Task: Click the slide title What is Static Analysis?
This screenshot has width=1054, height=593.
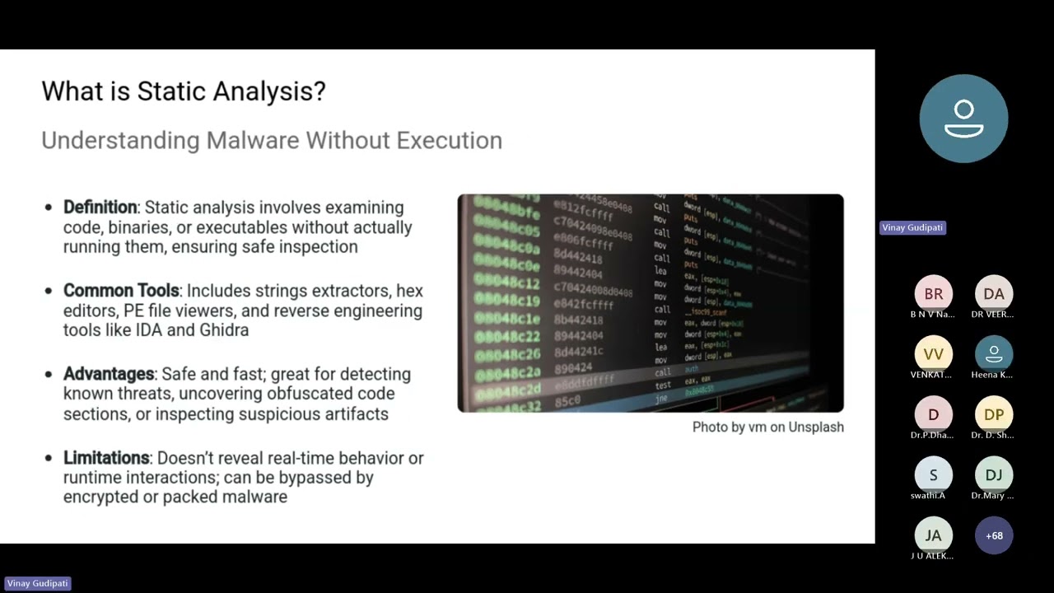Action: click(184, 91)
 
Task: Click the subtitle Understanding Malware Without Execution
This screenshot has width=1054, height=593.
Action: click(272, 140)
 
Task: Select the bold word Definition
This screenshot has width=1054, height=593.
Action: click(100, 208)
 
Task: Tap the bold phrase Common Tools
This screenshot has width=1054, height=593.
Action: click(121, 291)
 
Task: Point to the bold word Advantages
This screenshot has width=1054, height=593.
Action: click(109, 374)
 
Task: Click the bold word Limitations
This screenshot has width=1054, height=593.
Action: click(106, 458)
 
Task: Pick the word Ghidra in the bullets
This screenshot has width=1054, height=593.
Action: click(224, 330)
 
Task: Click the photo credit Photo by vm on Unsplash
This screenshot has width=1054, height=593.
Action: click(767, 427)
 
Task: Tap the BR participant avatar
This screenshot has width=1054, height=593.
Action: click(933, 294)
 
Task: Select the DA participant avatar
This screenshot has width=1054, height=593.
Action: click(994, 294)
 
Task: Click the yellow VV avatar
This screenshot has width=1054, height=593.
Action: click(933, 354)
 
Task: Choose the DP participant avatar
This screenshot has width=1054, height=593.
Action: click(994, 414)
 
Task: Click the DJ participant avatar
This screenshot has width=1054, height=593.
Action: click(994, 474)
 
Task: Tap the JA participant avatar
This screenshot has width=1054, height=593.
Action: click(933, 535)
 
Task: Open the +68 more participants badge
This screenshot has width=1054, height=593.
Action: click(994, 535)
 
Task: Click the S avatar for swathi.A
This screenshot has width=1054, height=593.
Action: click(933, 474)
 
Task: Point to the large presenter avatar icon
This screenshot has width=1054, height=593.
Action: click(963, 119)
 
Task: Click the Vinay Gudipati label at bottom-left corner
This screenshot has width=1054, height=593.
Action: click(37, 583)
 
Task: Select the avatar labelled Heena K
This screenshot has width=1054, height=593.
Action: click(994, 354)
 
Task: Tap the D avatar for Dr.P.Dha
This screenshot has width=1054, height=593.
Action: click(933, 414)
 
